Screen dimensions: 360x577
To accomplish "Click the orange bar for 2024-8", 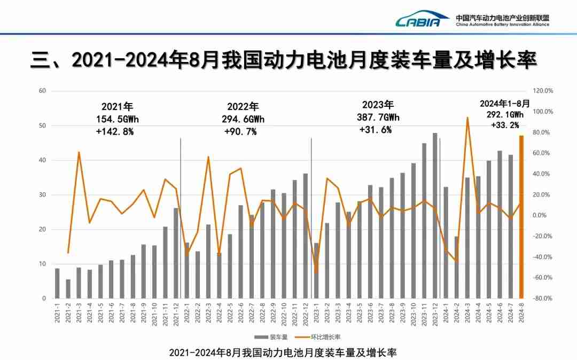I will pos(521,217).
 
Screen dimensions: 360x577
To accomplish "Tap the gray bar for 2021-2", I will pos(68,289).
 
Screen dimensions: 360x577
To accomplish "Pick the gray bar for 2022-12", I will pos(306,236).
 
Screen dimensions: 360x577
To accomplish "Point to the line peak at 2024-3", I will pos(467,118).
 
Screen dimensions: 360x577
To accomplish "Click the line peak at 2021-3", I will pos(79,152).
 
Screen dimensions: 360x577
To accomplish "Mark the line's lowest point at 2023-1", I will pos(316,273).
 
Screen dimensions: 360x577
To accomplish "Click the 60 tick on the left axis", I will pos(43,91).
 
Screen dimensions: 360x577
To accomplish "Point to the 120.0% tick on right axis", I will pos(543,91).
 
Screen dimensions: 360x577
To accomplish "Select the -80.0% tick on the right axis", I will pos(543,299).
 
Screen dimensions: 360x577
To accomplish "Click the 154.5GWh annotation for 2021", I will pos(117,119).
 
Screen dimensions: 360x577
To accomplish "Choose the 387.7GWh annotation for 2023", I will pos(378,117).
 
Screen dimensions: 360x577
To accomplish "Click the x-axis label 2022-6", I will pos(241,311).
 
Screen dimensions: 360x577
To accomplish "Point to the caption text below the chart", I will pos(283,353).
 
